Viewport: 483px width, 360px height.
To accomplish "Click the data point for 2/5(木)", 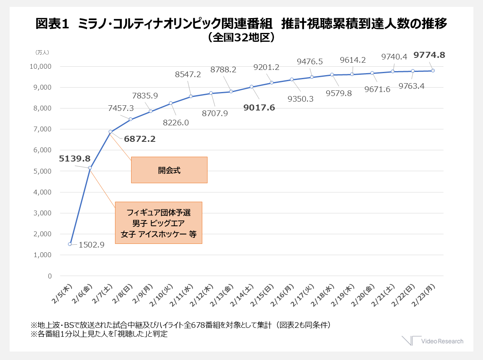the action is point(70,244).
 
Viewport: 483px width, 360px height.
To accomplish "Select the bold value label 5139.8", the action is point(74,158).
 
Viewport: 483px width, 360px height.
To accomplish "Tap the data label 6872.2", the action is point(140,139).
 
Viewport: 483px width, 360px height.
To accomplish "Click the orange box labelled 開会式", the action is point(169,170).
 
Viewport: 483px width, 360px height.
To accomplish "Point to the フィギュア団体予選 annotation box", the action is point(158,223).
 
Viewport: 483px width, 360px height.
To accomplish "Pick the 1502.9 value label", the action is point(92,245).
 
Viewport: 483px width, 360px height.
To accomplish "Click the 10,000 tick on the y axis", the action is point(41,66).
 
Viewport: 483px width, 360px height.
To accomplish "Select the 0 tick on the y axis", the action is point(50,276).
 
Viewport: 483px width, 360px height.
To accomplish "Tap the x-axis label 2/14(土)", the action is point(242,295).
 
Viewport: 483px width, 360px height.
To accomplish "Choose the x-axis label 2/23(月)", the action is point(423,295).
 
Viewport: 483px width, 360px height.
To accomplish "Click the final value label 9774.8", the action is point(429,55).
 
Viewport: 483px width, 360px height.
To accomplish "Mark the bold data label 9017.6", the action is point(259,108).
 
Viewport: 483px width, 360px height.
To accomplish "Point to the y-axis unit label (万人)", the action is point(42,52).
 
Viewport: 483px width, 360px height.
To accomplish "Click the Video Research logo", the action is point(433,341).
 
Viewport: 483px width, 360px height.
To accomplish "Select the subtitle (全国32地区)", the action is point(241,37).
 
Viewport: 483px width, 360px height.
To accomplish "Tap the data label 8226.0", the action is point(176,123).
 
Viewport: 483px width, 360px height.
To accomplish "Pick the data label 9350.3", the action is point(300,99).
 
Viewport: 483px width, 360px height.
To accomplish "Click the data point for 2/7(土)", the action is point(110,132).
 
